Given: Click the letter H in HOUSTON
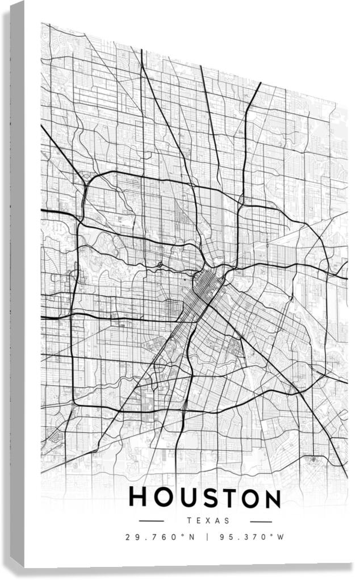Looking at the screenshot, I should point(139,498).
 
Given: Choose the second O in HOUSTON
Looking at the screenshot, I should point(249,498).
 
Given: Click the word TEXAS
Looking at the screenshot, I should point(208,520).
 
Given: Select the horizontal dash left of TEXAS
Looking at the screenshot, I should point(151,521).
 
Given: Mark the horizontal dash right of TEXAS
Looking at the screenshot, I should point(261,521).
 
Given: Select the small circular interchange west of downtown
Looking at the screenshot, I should point(161,264).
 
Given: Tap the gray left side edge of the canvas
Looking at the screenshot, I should point(17,284).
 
